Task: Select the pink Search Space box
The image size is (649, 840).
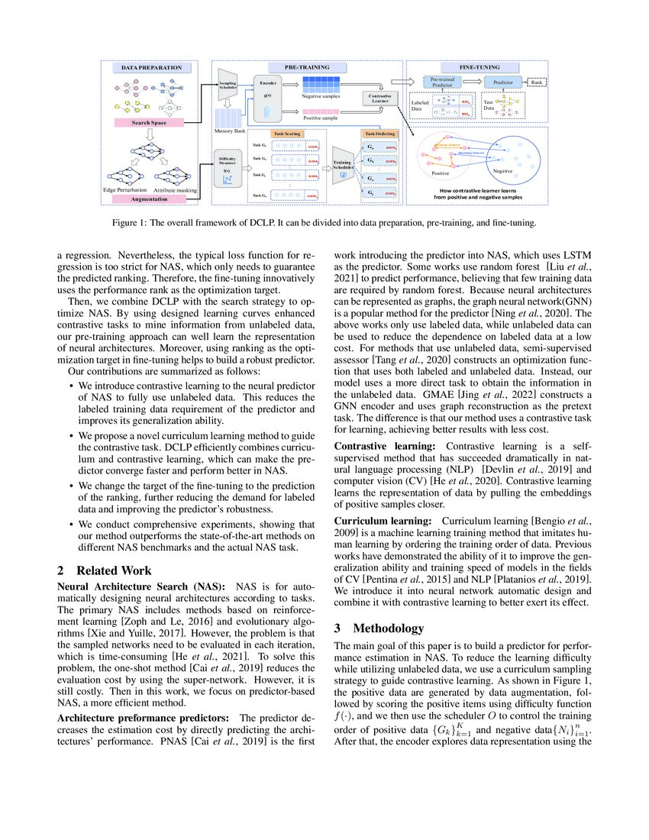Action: tap(150, 122)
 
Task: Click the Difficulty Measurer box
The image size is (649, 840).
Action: tap(226, 166)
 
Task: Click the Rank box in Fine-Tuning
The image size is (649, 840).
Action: tap(535, 81)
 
